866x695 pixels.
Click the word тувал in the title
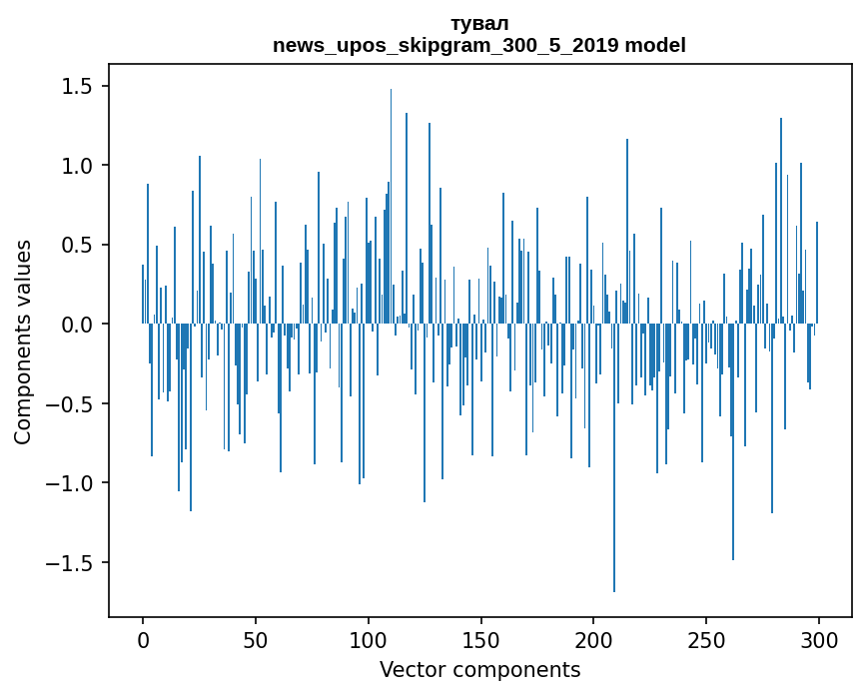[479, 24]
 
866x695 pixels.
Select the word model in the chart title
[655, 45]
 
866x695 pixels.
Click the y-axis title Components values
[23, 342]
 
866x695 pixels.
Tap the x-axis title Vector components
[479, 669]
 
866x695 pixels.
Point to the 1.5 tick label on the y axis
[76, 87]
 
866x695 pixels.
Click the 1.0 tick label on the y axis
[76, 166]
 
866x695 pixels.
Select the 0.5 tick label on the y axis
[76, 246]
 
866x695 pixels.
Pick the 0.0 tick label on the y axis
[76, 325]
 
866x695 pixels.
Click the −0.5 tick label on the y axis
[69, 404]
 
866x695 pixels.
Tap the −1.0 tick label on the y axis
[69, 483]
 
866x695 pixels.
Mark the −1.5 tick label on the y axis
[69, 563]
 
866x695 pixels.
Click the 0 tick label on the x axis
[143, 639]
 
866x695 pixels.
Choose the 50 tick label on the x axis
[256, 639]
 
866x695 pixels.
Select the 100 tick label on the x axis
[369, 639]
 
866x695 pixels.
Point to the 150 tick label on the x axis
[480, 639]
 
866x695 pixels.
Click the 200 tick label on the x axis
[593, 639]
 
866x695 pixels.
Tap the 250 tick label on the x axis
[706, 639]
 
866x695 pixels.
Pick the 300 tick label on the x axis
[818, 639]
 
